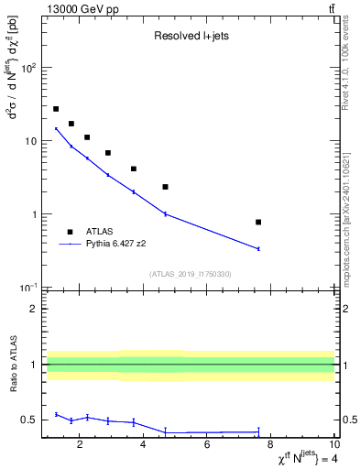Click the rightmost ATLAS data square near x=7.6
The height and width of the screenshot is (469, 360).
point(258,222)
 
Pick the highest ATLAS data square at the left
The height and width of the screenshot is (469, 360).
point(56,109)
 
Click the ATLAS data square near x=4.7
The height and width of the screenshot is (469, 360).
point(165,187)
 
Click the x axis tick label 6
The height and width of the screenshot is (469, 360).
point(207,445)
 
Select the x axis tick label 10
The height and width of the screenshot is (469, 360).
point(333,445)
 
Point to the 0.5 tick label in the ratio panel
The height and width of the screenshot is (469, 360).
point(29,420)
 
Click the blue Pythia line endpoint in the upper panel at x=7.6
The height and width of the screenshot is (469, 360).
point(258,248)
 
